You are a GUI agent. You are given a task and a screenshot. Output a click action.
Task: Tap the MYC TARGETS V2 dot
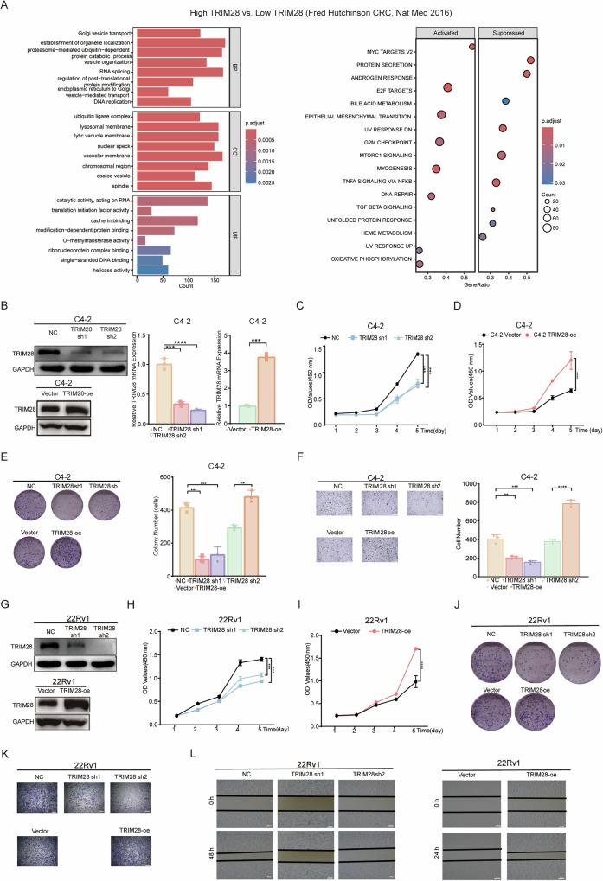coord(471,47)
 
